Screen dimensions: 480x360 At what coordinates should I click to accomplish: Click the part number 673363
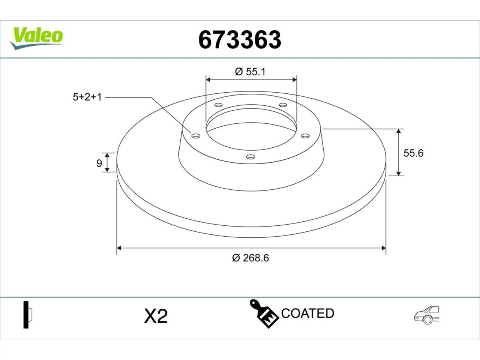240,40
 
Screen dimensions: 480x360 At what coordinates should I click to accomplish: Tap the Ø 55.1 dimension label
250,72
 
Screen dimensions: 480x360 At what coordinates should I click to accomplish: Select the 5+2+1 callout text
87,97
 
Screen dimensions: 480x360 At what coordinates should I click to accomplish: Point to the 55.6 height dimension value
414,153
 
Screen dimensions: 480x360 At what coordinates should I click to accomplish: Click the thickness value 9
99,163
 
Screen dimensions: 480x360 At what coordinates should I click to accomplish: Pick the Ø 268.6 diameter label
250,258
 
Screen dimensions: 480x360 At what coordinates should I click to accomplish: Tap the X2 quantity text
156,316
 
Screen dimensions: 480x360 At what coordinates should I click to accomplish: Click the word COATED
307,313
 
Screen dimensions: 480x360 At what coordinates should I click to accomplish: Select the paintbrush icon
264,314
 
